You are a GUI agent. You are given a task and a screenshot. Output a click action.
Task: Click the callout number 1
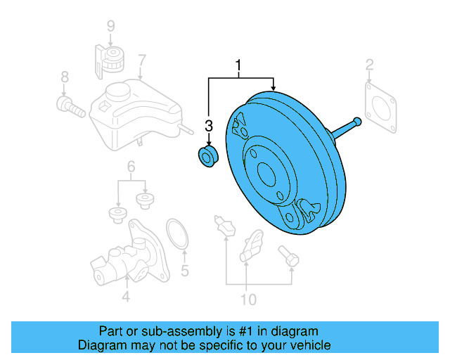239,67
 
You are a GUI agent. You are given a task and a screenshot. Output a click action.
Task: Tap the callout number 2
368,67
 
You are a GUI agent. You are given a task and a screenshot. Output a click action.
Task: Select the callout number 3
208,126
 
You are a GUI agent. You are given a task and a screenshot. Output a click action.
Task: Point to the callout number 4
125,297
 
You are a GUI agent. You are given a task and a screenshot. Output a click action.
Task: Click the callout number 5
185,269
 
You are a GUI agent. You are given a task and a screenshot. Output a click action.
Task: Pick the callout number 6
131,167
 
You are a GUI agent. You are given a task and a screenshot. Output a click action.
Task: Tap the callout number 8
64,76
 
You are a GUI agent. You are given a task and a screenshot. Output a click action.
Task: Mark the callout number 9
110,27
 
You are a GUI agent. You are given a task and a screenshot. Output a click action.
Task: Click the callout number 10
248,300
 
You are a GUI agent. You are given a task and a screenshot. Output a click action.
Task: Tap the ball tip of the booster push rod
358,122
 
